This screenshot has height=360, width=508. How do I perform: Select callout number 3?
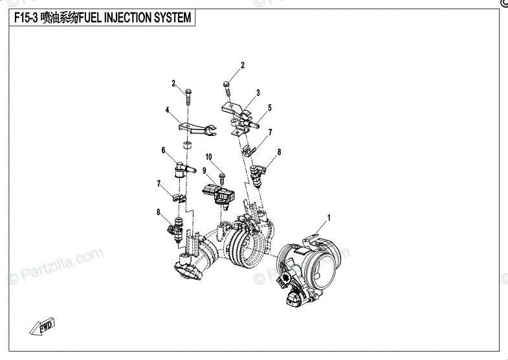coord(258,93)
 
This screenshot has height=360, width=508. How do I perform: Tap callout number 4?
coord(166,111)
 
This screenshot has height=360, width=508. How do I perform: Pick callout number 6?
coord(164,150)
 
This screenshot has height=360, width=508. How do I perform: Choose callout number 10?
coord(209,157)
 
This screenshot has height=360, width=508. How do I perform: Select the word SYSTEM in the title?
coord(171,17)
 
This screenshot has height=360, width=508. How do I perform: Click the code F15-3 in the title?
coord(25,17)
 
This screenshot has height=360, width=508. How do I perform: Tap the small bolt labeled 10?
coord(222,175)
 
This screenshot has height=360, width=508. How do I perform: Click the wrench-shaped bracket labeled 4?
coord(197,130)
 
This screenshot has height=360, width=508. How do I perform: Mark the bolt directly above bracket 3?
coord(227,89)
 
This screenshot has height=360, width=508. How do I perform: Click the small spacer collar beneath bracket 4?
coord(188,145)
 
